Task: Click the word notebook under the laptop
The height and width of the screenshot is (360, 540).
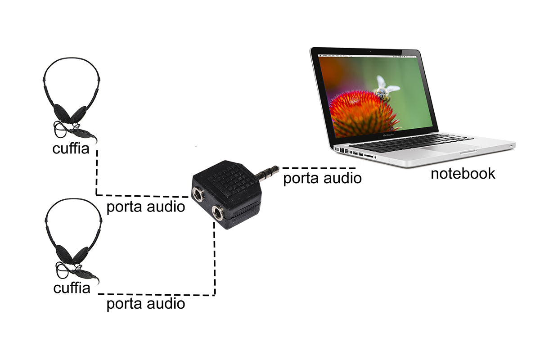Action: tap(463, 174)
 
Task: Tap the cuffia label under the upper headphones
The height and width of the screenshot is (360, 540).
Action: tap(71, 148)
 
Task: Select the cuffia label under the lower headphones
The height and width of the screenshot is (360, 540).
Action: tap(72, 288)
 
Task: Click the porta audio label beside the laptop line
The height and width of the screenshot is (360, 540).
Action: tap(322, 178)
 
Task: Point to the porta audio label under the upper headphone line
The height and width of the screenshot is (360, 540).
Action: tap(145, 207)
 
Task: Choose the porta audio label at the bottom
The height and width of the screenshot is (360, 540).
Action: tap(145, 304)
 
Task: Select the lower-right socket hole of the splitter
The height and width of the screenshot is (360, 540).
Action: tap(218, 213)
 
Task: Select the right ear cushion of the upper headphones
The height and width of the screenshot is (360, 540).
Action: tap(80, 114)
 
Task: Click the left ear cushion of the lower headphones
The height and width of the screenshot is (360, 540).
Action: tap(62, 252)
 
